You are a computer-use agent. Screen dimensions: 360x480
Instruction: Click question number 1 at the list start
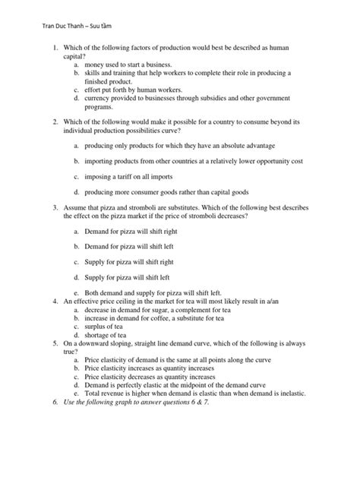tap(55, 49)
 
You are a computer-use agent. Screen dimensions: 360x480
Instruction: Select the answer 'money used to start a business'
tap(128, 66)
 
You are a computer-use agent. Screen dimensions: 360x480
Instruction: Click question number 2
tap(55, 122)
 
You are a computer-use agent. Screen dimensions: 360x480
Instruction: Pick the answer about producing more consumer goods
tap(166, 192)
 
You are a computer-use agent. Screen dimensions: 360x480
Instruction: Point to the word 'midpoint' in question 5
tap(197, 384)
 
